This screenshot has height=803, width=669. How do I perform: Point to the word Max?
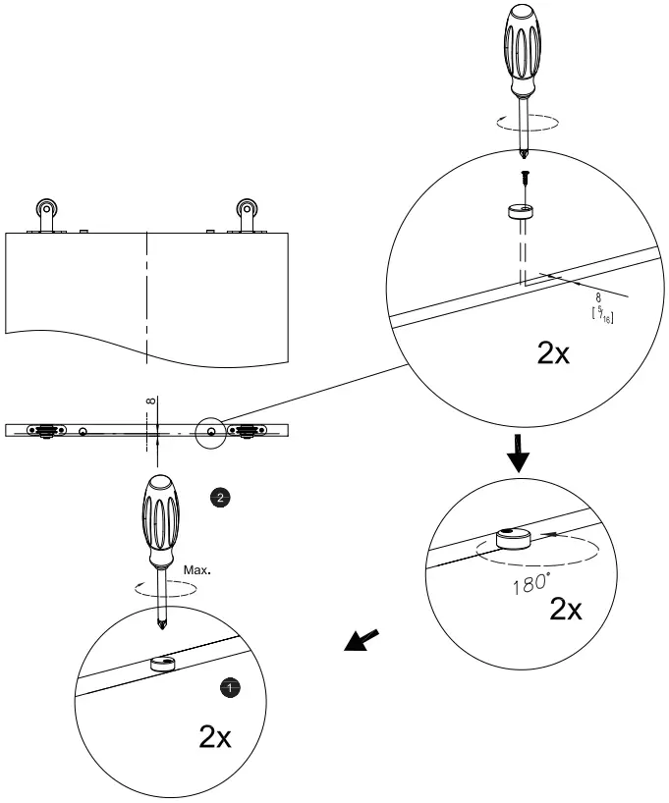198,568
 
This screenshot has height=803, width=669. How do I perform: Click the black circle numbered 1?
230,688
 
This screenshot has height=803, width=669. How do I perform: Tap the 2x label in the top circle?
553,353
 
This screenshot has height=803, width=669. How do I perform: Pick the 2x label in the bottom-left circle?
215,737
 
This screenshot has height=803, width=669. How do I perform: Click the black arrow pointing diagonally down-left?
360,642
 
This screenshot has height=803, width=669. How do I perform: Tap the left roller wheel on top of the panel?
46,209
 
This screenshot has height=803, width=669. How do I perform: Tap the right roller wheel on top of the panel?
246,209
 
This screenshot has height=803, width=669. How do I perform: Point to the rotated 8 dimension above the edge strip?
150,400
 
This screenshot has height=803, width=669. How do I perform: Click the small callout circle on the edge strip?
211,432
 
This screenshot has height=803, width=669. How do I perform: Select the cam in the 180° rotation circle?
514,539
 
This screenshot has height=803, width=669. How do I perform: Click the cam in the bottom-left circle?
163,665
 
